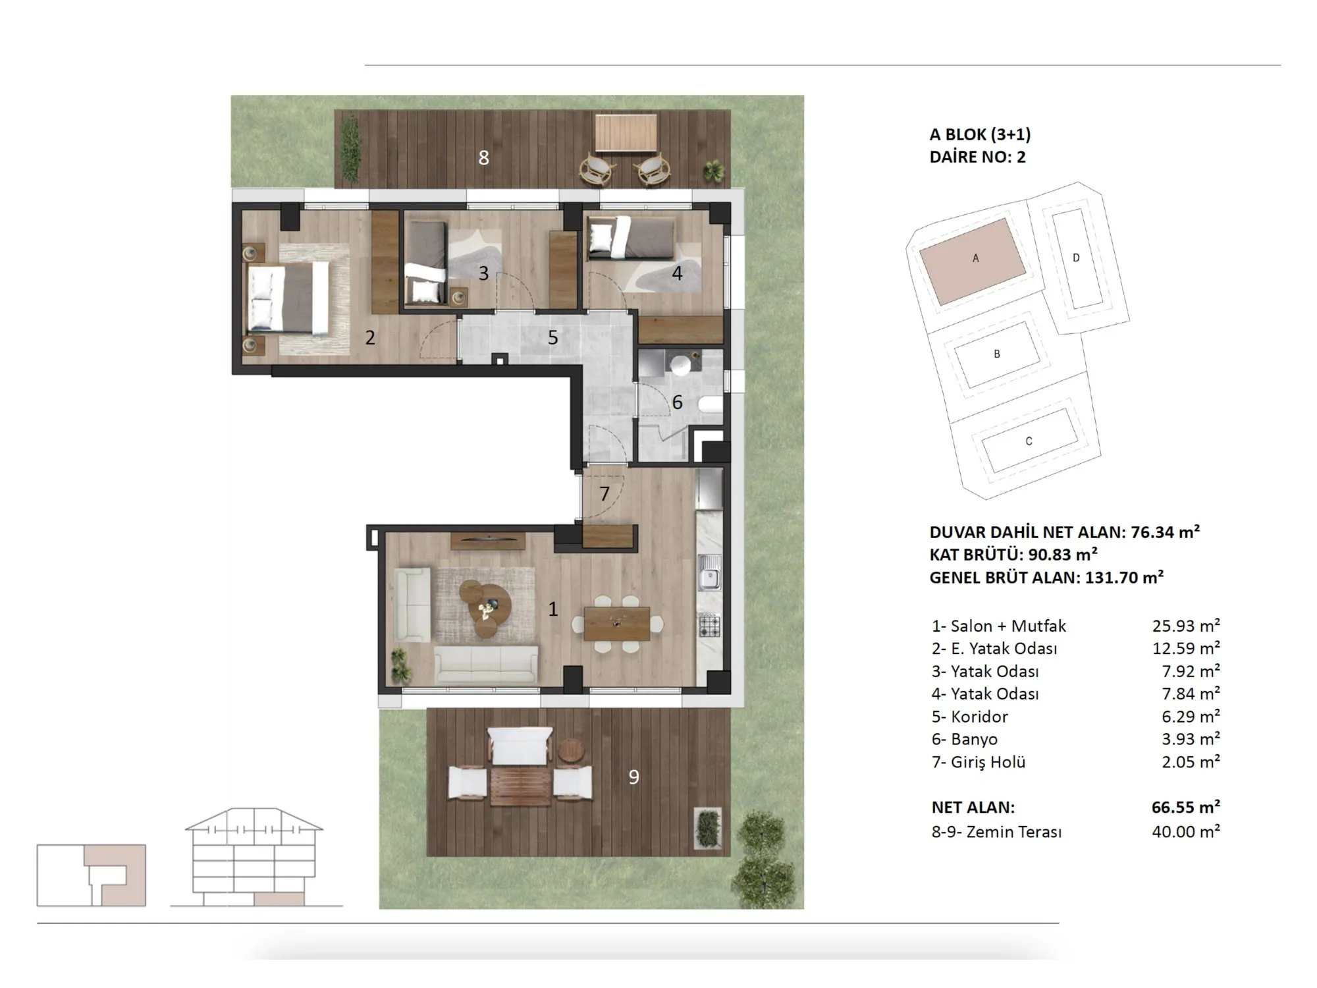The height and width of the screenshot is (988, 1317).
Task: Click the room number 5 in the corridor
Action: tap(552, 338)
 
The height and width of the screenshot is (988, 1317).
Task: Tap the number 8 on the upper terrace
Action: tap(484, 158)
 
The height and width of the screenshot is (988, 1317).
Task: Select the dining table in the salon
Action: tap(617, 623)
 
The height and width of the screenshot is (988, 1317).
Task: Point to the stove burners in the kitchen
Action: tap(709, 625)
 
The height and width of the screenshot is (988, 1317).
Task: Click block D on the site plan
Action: tap(1076, 258)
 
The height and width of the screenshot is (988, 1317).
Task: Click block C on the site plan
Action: tap(1029, 441)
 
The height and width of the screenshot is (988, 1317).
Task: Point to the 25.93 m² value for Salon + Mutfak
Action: tap(1186, 626)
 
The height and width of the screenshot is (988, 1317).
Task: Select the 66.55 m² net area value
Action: tap(1186, 807)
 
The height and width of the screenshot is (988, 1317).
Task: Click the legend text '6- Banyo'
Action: tap(965, 740)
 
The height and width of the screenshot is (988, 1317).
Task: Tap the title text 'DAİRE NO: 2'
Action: tap(978, 157)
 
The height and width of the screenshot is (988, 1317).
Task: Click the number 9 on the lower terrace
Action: tap(633, 777)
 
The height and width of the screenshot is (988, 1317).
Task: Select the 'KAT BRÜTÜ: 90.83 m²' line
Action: tap(1013, 555)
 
